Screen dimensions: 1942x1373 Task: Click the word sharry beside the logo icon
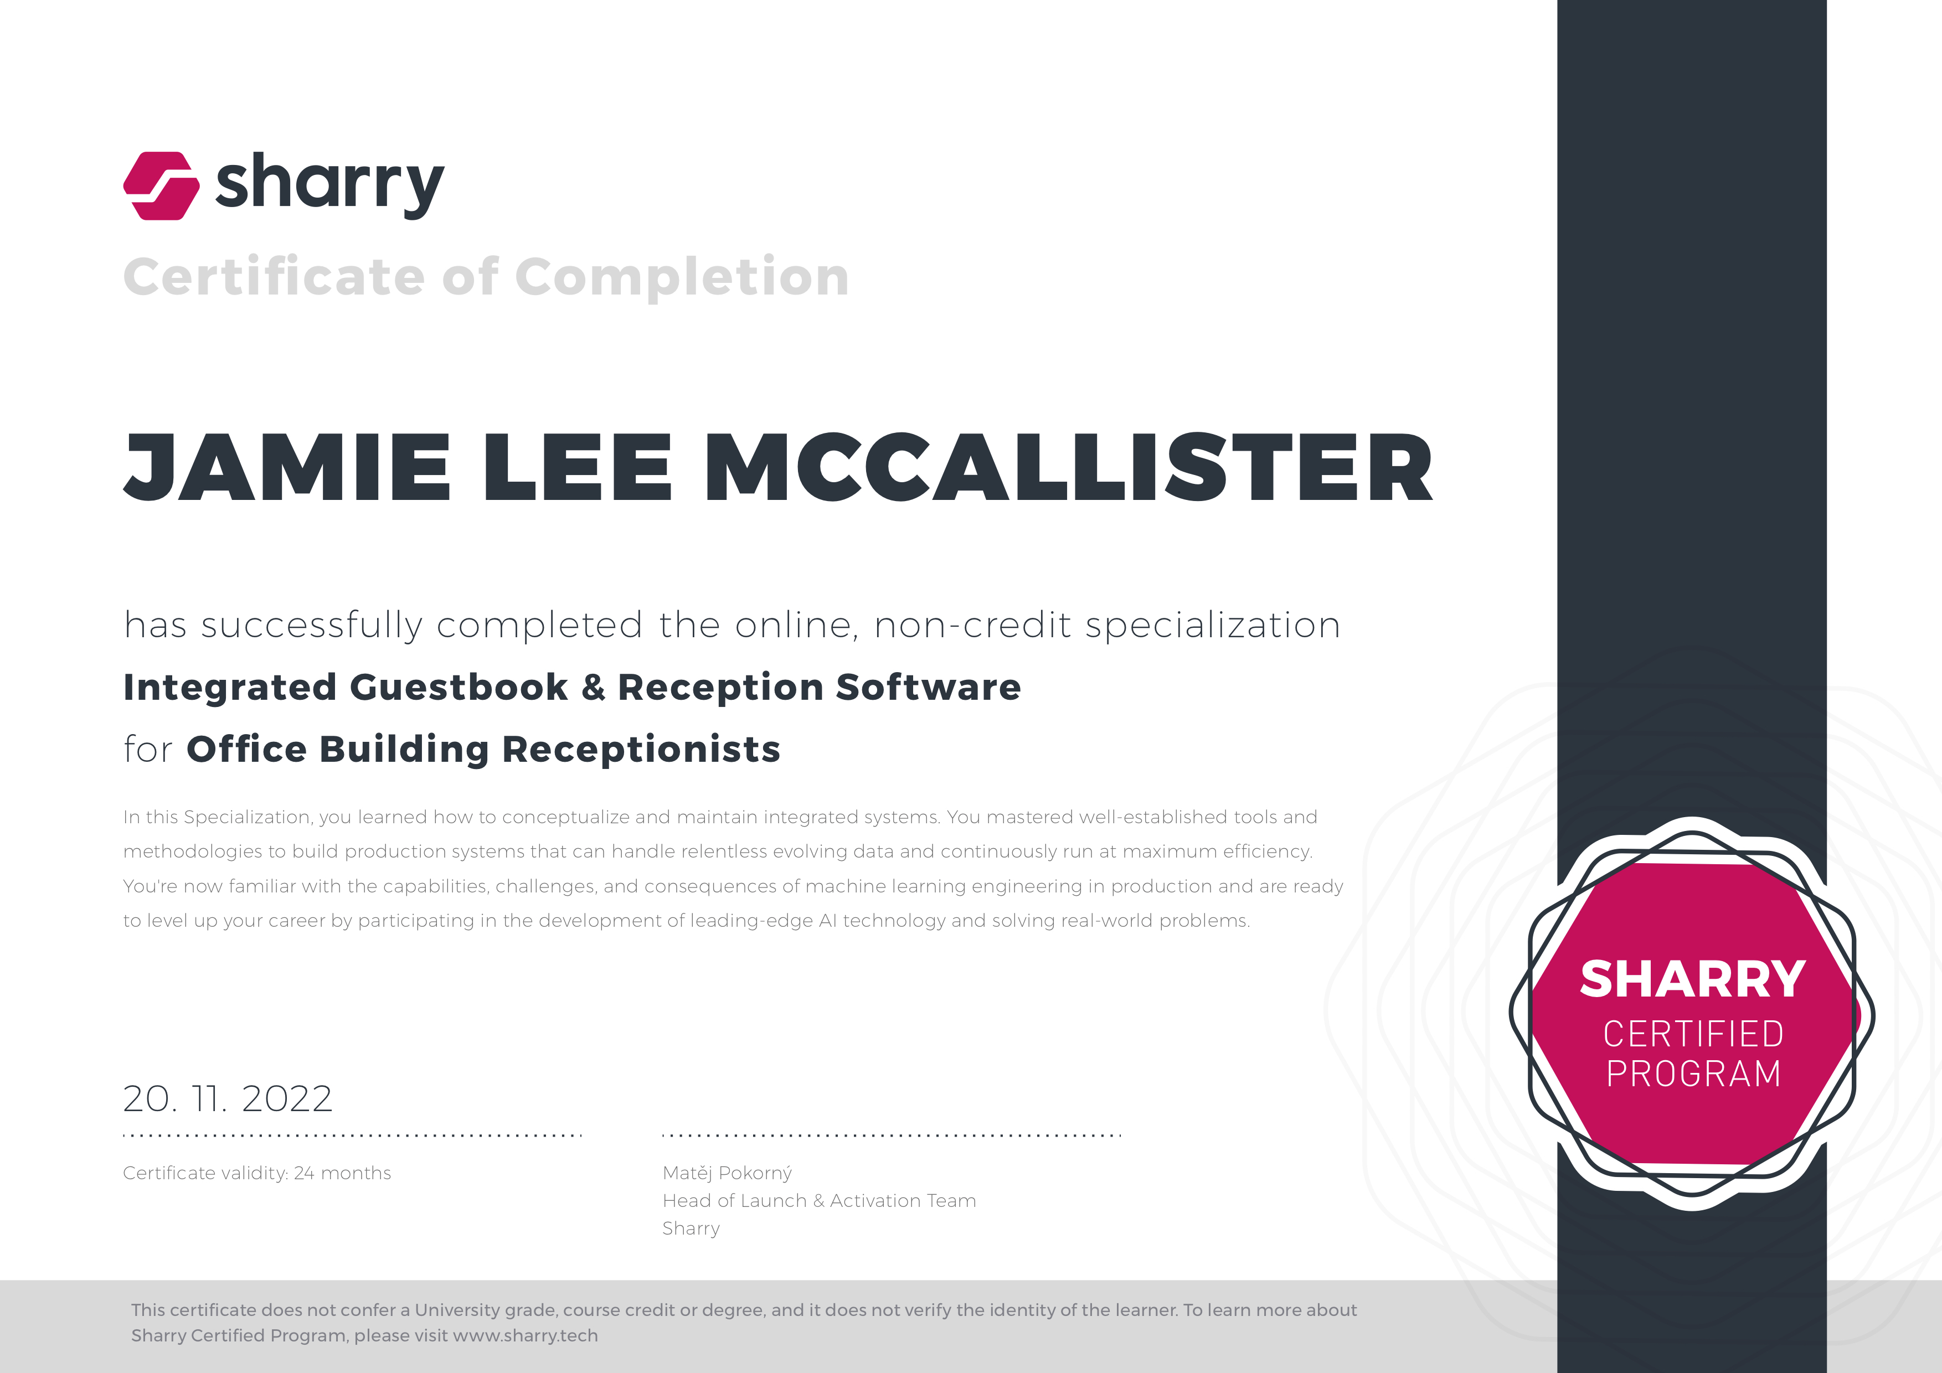click(330, 185)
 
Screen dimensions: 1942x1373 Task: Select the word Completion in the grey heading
click(682, 277)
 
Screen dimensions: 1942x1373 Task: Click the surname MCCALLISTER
click(1069, 467)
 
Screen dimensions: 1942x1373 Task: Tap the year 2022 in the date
click(287, 1099)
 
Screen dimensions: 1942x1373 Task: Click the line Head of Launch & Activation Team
click(820, 1200)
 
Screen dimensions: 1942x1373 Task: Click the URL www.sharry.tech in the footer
click(526, 1336)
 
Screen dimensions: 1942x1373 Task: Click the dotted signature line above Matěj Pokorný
click(892, 1135)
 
